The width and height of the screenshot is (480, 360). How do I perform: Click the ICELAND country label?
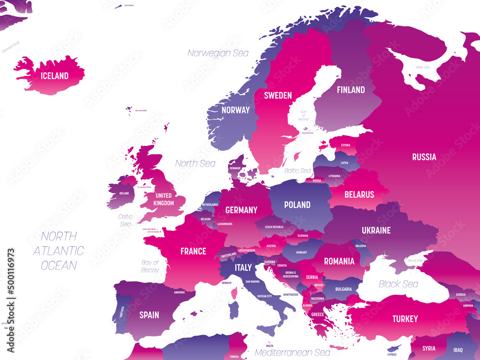click(x=54, y=76)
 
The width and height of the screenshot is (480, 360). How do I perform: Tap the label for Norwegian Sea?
click(x=218, y=53)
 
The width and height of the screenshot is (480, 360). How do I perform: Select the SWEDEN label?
click(x=277, y=96)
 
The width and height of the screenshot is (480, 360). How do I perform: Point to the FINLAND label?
click(x=350, y=90)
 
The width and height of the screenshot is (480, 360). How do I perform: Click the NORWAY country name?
click(x=235, y=110)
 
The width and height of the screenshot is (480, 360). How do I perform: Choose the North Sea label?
click(x=195, y=164)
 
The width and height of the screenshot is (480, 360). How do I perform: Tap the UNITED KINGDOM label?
click(x=164, y=199)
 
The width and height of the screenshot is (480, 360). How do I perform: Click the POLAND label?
click(x=297, y=205)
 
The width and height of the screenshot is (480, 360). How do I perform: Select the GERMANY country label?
click(x=241, y=210)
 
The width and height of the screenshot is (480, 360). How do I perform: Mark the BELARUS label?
click(x=359, y=194)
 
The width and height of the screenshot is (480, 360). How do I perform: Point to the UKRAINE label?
click(x=376, y=230)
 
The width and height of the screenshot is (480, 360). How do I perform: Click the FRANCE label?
click(x=193, y=251)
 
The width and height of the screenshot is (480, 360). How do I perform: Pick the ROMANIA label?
click(x=339, y=262)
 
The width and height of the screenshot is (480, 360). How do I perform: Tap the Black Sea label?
click(x=398, y=284)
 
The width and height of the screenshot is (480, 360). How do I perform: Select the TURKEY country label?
click(x=405, y=319)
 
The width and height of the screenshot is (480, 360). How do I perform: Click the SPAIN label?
click(x=149, y=315)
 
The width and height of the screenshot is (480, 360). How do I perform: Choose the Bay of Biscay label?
click(x=150, y=266)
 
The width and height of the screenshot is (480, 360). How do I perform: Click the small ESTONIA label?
click(x=346, y=145)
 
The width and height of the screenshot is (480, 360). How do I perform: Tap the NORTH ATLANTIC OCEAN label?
click(x=59, y=251)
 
